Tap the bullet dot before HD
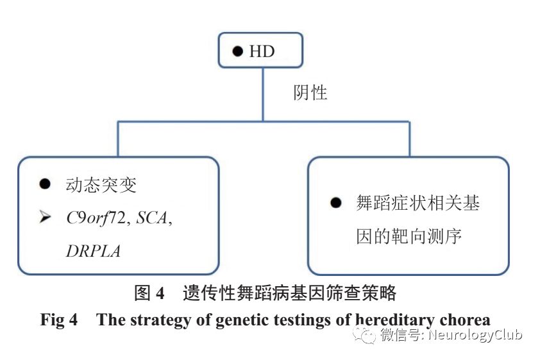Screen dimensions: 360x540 coord(237,51)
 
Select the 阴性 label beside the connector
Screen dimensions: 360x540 coord(310,92)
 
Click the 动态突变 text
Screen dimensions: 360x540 coord(101,185)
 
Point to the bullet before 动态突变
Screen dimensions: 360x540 coord(44,184)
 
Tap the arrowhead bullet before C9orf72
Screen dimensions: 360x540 coord(45,218)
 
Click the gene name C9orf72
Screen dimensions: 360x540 coord(97,218)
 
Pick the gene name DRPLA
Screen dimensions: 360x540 coord(93,251)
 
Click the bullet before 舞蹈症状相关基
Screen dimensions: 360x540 coord(336,203)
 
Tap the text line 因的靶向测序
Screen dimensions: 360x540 coord(409,237)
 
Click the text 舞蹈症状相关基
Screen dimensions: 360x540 coord(418,203)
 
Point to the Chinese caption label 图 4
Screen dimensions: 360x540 coord(149,294)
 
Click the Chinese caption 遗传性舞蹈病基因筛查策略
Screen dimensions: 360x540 coord(289,294)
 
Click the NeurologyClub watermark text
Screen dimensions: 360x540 coord(475,335)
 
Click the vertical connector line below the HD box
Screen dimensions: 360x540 coord(262,94)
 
